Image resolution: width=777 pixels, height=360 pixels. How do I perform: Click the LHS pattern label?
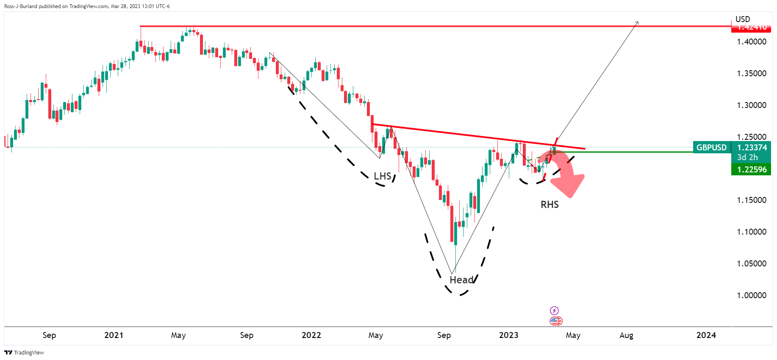pyautogui.click(x=382, y=176)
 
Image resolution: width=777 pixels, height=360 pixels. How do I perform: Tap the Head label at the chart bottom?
pyautogui.click(x=461, y=280)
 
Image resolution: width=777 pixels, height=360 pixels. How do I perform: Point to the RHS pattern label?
pyautogui.click(x=549, y=205)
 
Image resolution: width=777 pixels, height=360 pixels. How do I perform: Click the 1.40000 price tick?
pyautogui.click(x=752, y=42)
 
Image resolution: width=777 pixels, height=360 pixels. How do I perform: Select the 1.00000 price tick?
pyautogui.click(x=752, y=295)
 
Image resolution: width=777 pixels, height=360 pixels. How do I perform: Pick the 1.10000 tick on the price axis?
pyautogui.click(x=752, y=232)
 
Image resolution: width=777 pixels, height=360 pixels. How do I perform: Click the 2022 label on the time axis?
pyautogui.click(x=311, y=335)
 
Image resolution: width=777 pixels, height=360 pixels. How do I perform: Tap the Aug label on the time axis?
pyautogui.click(x=626, y=335)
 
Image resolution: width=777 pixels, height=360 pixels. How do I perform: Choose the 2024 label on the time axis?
pyautogui.click(x=706, y=335)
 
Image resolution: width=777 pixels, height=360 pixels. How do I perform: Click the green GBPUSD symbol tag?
pyautogui.click(x=712, y=147)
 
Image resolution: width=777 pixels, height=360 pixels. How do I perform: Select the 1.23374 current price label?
pyautogui.click(x=752, y=147)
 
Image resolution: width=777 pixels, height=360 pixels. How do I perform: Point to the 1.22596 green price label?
pyautogui.click(x=752, y=169)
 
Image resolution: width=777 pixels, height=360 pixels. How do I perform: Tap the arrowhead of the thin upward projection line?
pyautogui.click(x=637, y=22)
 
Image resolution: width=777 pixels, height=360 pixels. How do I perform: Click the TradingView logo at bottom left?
pyautogui.click(x=24, y=352)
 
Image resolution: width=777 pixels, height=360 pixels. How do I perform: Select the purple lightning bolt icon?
pyautogui.click(x=554, y=310)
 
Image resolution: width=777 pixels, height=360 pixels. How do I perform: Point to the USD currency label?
pyautogui.click(x=743, y=19)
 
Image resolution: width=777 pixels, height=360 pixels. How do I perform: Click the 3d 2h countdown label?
pyautogui.click(x=747, y=157)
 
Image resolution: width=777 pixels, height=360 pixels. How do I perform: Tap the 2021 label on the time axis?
pyautogui.click(x=114, y=335)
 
